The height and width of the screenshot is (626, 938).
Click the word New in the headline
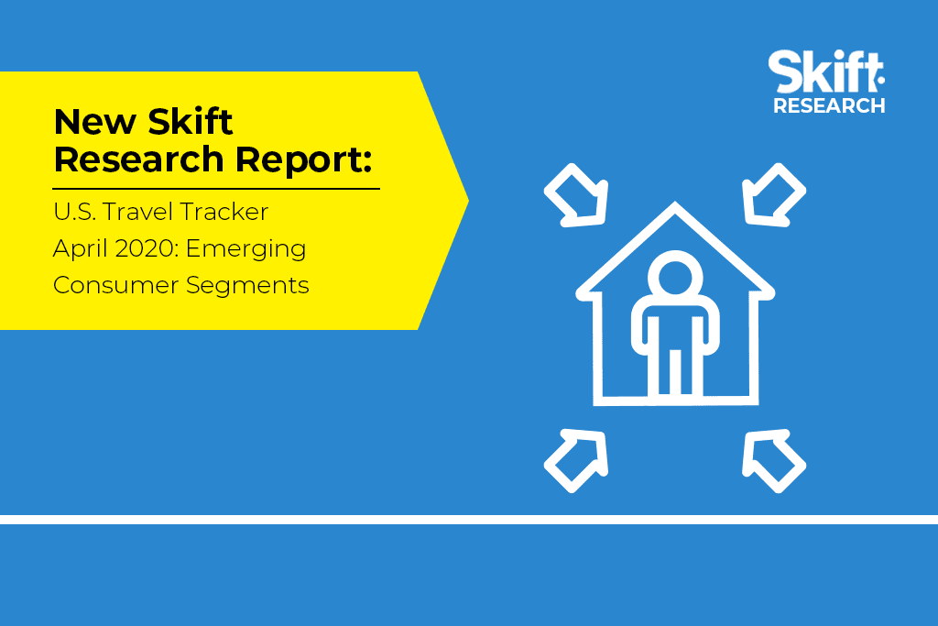(x=95, y=122)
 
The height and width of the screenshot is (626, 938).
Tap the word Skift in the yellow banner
(x=191, y=122)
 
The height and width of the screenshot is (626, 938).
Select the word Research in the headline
(x=139, y=159)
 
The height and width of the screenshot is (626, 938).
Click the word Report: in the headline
(x=303, y=160)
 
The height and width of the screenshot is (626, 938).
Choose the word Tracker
(x=224, y=212)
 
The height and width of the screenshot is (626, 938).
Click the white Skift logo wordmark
(x=826, y=71)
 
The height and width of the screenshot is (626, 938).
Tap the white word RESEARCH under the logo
(x=829, y=106)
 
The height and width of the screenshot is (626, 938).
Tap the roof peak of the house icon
(x=675, y=204)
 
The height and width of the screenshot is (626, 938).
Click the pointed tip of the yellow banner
(x=468, y=201)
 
